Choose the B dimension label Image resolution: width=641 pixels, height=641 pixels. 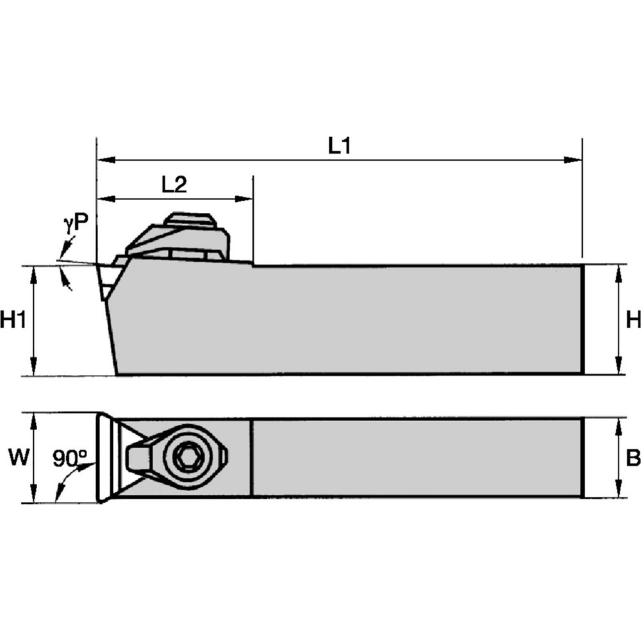click(633, 458)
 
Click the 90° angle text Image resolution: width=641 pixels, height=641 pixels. click(70, 458)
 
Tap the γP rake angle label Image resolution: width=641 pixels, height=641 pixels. click(76, 223)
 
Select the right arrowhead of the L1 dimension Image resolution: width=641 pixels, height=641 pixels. click(575, 159)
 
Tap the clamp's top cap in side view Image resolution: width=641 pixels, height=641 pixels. click(189, 220)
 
